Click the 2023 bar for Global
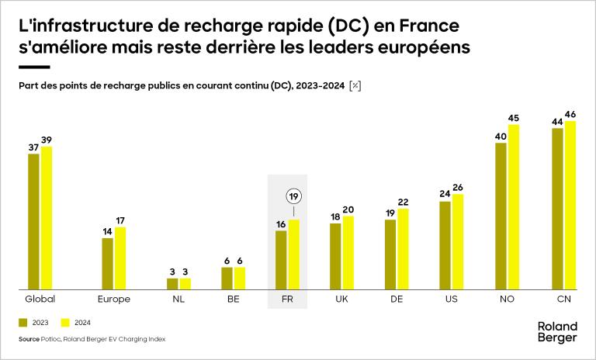[33, 221]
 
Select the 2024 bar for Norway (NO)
[513, 207]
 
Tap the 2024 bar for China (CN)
[571, 205]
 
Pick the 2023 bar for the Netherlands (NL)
[173, 283]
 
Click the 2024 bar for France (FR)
[293, 254]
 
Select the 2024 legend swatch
[66, 321]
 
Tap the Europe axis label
[114, 299]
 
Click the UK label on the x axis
[341, 299]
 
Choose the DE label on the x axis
[397, 299]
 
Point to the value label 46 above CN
[571, 115]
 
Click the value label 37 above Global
[33, 147]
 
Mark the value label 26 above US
[457, 188]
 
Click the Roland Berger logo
[557, 331]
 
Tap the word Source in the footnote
[28, 339]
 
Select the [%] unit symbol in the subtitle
[355, 85]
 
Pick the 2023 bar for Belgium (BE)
[227, 278]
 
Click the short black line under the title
[33, 67]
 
